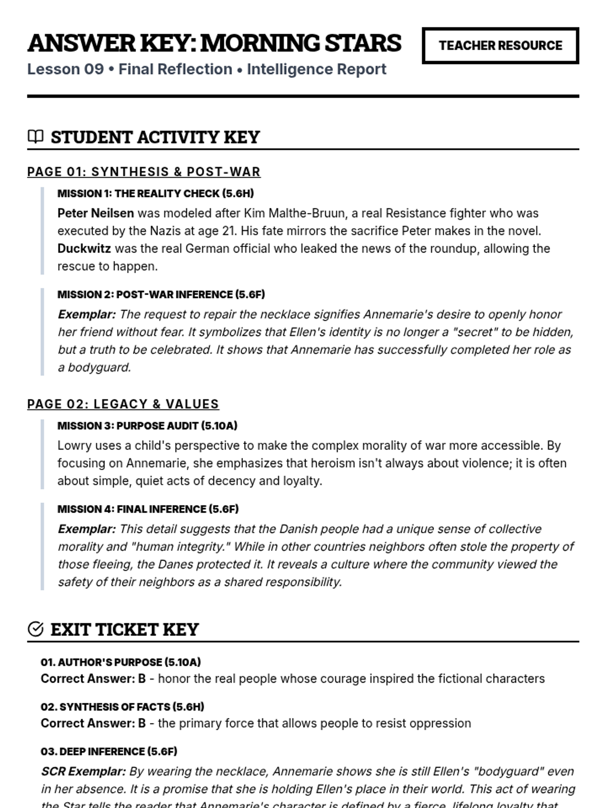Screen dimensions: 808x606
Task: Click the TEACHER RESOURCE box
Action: point(500,45)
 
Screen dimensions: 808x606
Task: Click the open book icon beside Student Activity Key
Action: point(35,137)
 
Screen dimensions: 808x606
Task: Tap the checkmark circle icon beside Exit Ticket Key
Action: point(35,629)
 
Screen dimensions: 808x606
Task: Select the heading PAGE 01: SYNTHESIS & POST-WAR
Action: point(144,172)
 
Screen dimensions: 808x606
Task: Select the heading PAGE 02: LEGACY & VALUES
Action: point(123,404)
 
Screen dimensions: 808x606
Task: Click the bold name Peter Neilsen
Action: point(95,213)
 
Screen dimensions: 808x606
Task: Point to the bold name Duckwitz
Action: point(84,248)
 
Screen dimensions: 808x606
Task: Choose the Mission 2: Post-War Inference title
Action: point(161,294)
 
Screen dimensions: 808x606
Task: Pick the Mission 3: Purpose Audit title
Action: point(147,426)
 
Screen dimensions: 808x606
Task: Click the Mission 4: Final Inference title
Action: point(147,509)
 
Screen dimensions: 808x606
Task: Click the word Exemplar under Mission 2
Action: point(86,314)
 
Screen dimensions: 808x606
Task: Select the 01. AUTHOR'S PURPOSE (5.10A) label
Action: point(121,662)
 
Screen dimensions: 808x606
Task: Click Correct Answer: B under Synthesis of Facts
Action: point(93,723)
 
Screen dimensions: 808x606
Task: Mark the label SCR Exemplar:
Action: point(83,771)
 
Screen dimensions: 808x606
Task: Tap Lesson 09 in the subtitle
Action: point(65,69)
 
